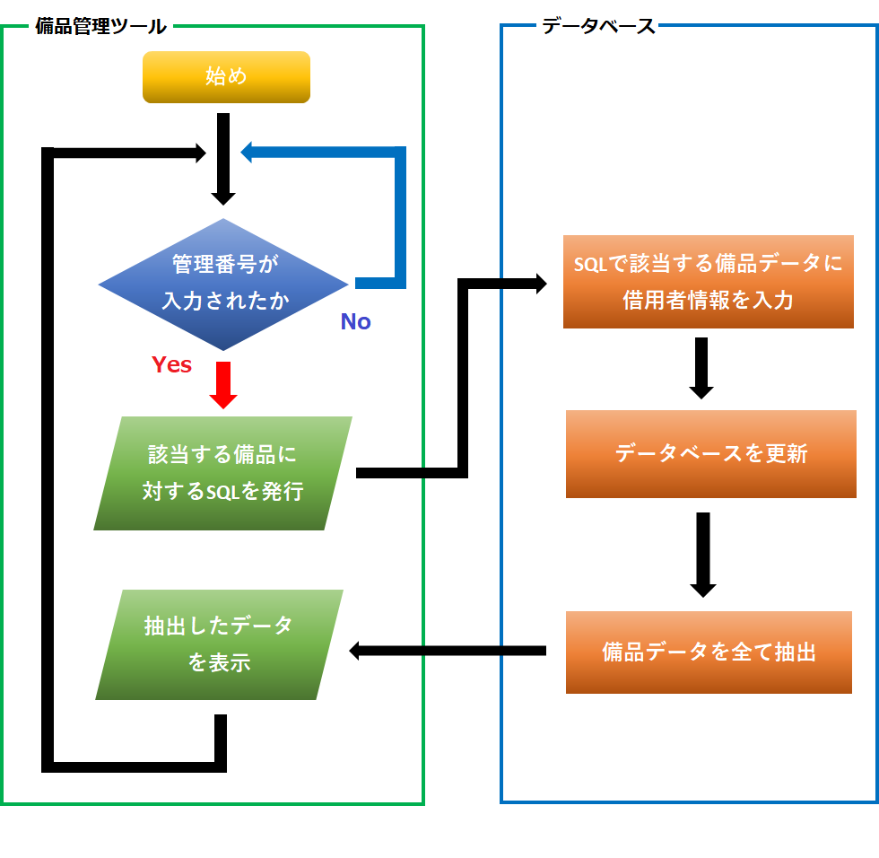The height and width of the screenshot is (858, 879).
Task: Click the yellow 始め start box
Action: point(226,77)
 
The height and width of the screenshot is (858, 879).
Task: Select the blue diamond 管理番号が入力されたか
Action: point(223,284)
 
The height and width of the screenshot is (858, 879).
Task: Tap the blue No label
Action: point(355,322)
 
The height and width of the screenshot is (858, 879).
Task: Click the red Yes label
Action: point(171,364)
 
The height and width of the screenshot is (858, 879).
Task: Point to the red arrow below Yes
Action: point(222,386)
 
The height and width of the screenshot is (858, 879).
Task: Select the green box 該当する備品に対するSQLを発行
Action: point(222,473)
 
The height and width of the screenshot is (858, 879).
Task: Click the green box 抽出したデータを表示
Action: point(220,644)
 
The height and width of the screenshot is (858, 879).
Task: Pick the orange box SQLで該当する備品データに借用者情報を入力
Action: point(708,282)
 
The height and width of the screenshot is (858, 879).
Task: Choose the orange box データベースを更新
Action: point(710,454)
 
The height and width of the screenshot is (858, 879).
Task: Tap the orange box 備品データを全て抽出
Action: point(709,652)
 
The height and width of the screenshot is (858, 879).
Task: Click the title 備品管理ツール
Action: point(100,26)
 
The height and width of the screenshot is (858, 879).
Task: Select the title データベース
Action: point(598,26)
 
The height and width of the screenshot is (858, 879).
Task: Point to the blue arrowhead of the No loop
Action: point(250,153)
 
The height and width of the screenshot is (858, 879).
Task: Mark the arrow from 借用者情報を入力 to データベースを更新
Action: point(701,368)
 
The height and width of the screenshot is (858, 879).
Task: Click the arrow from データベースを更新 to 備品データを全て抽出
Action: point(703,555)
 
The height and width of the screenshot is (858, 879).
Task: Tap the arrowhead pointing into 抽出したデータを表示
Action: point(356,651)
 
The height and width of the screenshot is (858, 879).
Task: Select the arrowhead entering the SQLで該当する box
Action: point(540,284)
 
